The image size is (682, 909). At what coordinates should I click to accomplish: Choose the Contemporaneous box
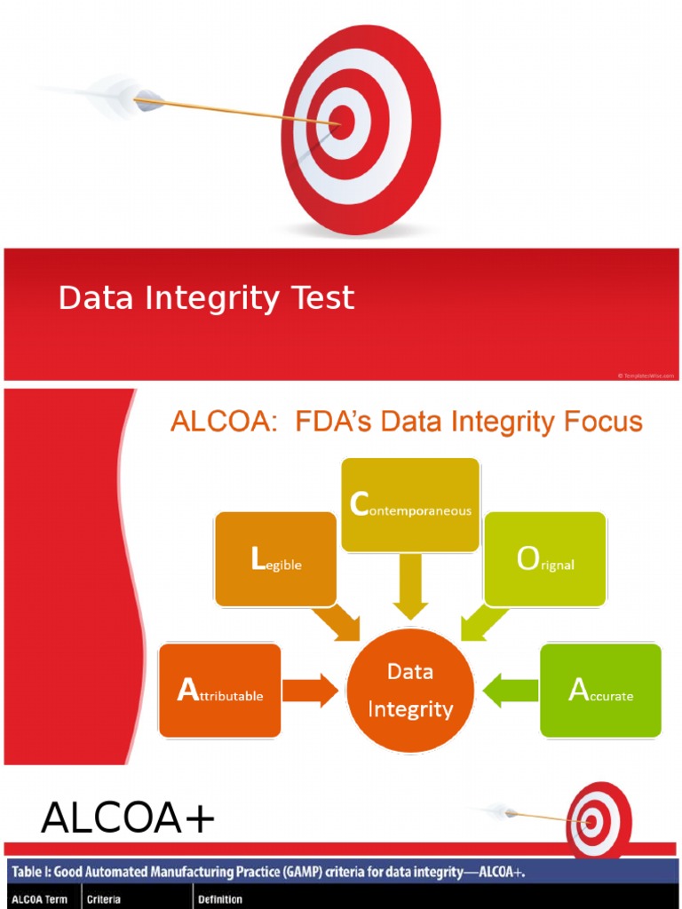[x=410, y=505]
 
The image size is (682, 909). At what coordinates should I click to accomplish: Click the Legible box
[x=275, y=559]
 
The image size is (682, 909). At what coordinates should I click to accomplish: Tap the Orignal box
[x=544, y=559]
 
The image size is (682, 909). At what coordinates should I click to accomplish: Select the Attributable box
[x=219, y=691]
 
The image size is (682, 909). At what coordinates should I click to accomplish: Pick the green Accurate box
[x=600, y=691]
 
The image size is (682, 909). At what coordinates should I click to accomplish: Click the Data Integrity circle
[x=410, y=691]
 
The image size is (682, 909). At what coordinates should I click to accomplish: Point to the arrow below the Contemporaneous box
[x=410, y=586]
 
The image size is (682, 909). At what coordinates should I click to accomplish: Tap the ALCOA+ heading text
[x=128, y=818]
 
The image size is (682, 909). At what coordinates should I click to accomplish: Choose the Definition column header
[x=220, y=899]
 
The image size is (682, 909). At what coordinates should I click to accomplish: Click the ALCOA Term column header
[x=39, y=899]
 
